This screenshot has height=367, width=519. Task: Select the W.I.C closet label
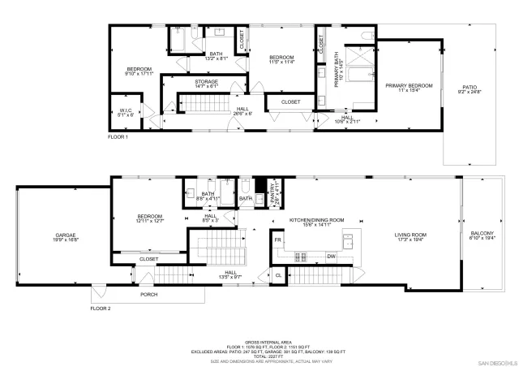tap(126, 112)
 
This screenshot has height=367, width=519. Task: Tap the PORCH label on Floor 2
tap(148, 295)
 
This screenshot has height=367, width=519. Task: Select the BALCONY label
tap(482, 237)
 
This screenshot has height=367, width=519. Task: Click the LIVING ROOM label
tap(412, 237)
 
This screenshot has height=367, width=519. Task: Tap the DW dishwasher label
tap(331, 257)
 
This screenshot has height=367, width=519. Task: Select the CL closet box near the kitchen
tap(278, 276)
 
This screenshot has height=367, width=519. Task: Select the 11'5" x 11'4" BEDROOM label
tap(281, 58)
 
